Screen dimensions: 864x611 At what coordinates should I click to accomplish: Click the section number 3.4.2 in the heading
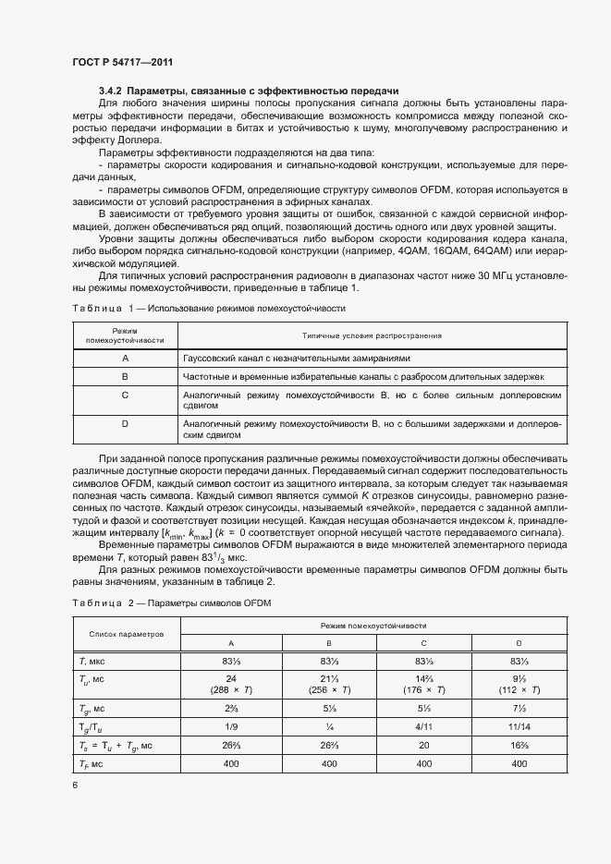110,91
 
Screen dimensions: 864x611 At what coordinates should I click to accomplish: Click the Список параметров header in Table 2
126,634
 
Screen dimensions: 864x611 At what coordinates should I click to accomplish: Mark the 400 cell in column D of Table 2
519,764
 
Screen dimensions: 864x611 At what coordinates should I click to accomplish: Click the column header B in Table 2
329,642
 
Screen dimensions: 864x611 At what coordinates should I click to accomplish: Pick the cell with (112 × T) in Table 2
519,689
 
